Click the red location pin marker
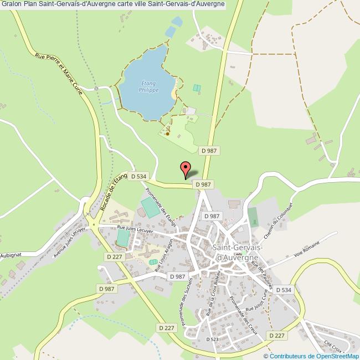(186, 168)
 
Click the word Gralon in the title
(11, 4)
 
